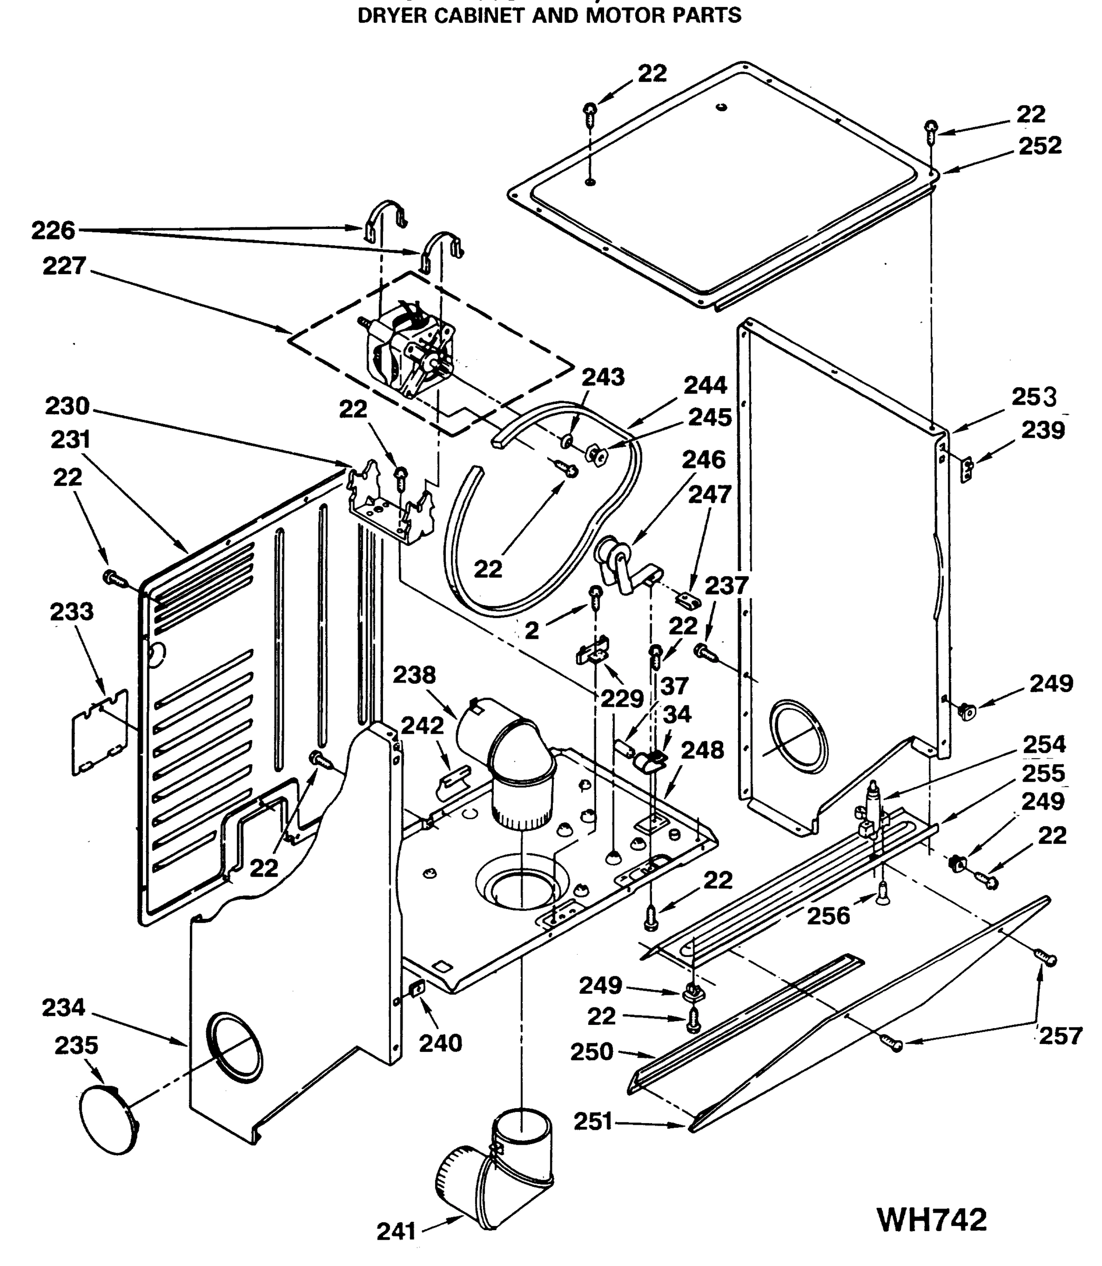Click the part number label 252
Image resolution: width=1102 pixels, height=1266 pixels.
tap(1040, 146)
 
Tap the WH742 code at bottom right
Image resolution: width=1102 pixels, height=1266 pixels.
tap(932, 1219)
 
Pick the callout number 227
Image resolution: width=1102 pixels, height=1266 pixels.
tap(64, 266)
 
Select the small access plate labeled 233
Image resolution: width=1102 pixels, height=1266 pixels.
tap(100, 732)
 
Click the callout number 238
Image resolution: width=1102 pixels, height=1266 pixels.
tap(414, 675)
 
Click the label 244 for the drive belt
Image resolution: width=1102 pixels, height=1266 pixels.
tap(705, 386)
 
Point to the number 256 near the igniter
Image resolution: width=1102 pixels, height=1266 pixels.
tap(828, 916)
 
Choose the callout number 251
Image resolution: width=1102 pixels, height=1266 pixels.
tap(593, 1121)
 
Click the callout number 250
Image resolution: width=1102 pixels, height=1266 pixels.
tap(591, 1051)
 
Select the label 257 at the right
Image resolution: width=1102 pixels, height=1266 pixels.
tap(1060, 1036)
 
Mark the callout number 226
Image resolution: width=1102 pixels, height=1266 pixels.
tap(53, 231)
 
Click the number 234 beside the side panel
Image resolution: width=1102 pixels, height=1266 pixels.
tap(63, 1007)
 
